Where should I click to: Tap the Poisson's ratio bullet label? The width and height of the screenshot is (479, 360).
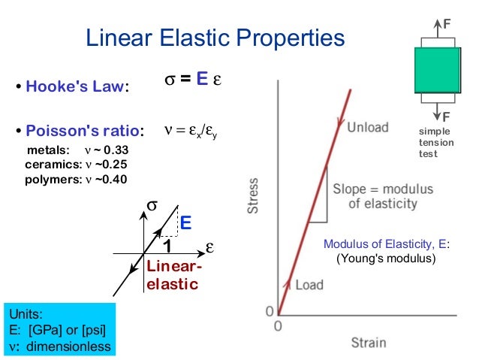83,130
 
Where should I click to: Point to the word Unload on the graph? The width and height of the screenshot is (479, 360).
368,128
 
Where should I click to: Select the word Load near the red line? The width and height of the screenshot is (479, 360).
309,285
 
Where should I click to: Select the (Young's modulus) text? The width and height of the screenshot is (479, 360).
386,259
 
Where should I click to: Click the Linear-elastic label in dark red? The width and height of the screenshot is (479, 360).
173,275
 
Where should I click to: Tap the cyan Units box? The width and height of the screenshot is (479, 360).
59,329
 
